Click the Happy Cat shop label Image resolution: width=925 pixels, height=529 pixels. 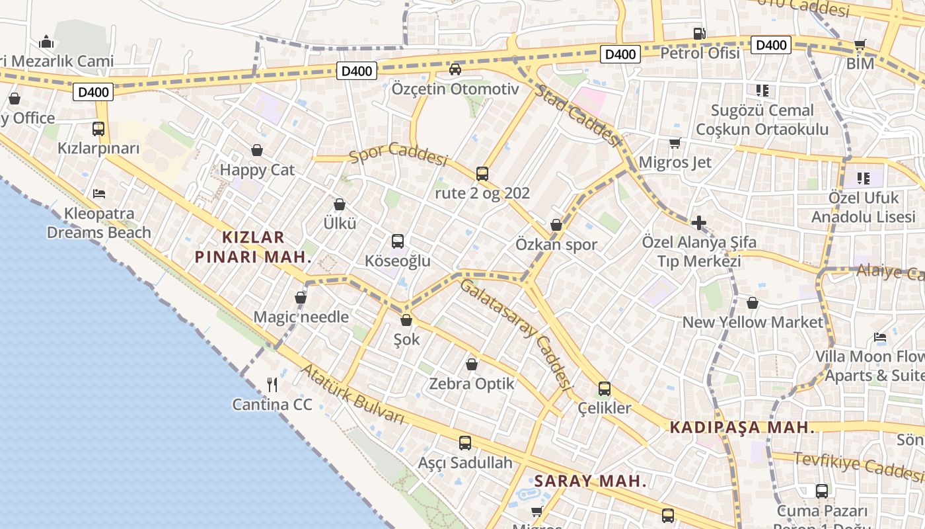click(x=257, y=170)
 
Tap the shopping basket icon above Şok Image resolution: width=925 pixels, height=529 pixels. click(x=406, y=321)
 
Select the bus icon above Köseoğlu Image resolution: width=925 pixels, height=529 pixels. click(x=398, y=241)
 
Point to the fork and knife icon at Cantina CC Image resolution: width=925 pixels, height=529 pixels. click(x=272, y=384)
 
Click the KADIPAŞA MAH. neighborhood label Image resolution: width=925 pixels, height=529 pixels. click(x=742, y=428)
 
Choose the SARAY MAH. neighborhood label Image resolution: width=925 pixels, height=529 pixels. click(x=590, y=481)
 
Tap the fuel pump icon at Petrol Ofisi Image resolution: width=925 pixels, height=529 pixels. click(x=699, y=34)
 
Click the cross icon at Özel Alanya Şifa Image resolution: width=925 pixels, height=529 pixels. click(x=699, y=223)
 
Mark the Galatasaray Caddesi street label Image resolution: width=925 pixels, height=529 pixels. click(x=515, y=334)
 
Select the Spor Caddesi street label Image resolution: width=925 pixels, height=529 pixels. click(x=399, y=153)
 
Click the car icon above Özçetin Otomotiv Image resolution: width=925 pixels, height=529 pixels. click(x=455, y=69)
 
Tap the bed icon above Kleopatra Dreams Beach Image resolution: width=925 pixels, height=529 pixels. click(x=99, y=194)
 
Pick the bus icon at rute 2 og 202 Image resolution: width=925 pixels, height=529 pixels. click(x=482, y=174)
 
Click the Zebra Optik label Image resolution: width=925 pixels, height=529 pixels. click(x=471, y=384)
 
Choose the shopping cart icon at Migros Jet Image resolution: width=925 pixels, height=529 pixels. click(x=675, y=143)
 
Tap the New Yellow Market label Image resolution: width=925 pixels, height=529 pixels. click(x=753, y=323)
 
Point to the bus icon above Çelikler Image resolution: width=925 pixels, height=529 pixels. click(x=605, y=389)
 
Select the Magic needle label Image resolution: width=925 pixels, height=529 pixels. click(x=301, y=317)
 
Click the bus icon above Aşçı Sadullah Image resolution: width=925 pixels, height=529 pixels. click(x=465, y=443)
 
